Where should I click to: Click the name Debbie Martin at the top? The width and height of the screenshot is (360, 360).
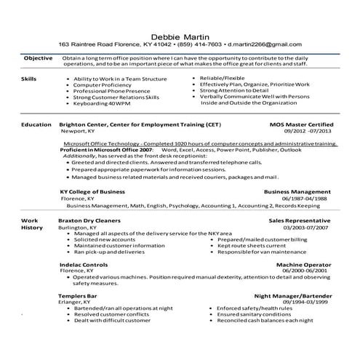[x=180, y=35]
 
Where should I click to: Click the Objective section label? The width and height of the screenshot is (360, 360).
[x=38, y=57]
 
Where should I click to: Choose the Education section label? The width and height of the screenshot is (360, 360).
[x=36, y=124]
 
